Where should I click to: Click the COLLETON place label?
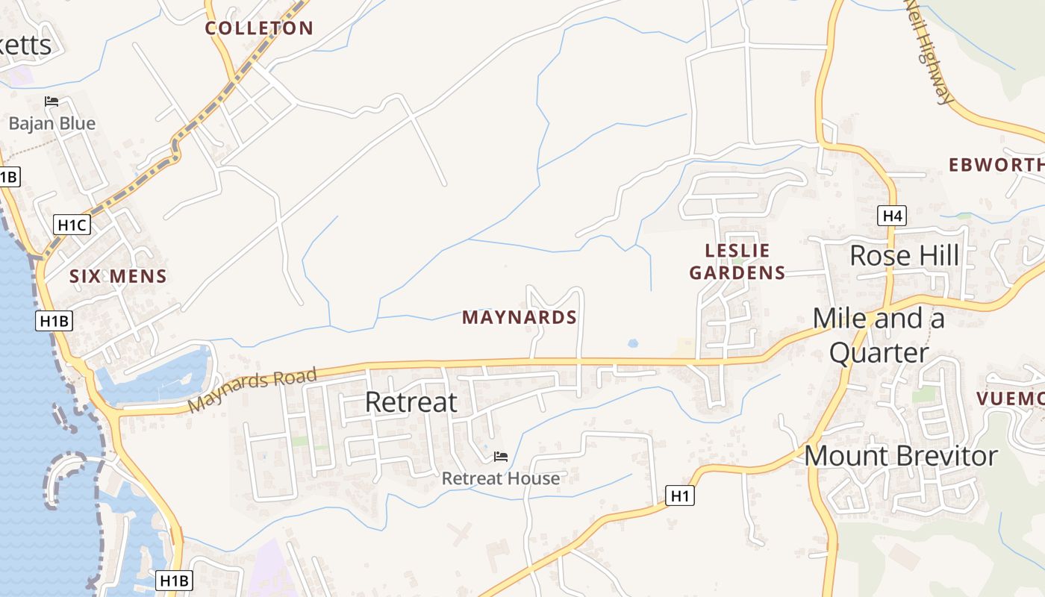pos(259,28)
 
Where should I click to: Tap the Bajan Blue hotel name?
pos(52,123)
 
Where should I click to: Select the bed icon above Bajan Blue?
pos(52,101)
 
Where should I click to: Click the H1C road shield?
pos(72,224)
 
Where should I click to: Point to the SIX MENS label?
pos(118,276)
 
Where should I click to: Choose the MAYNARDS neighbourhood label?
pos(520,317)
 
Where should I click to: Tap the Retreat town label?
pos(411,402)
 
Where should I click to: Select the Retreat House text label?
pos(500,478)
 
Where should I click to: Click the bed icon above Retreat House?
pos(501,456)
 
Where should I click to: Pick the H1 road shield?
pos(680,496)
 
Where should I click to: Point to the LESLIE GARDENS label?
pos(737,261)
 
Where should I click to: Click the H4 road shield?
pos(892,216)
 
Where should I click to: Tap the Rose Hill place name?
pos(905,256)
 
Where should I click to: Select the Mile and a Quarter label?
pos(879,335)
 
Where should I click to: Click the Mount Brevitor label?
pos(900,456)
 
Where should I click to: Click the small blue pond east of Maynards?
pos(633,344)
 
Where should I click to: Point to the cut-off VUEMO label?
pos(1011,399)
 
